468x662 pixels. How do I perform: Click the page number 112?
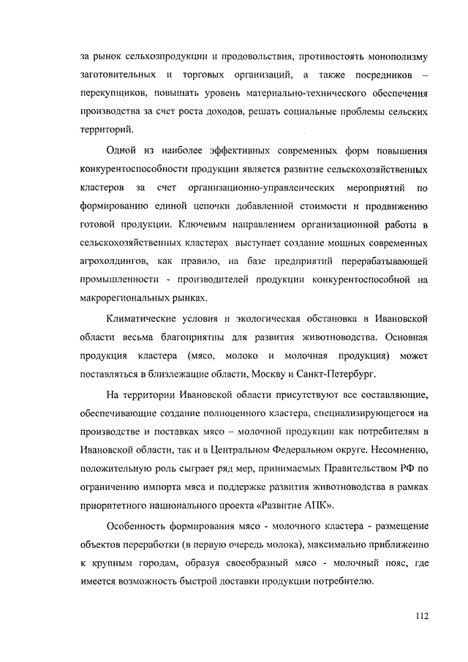point(418,615)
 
